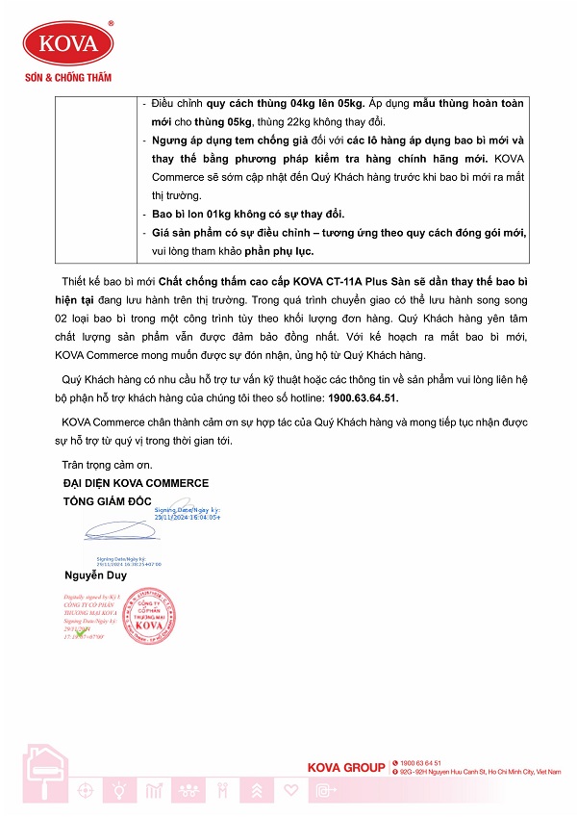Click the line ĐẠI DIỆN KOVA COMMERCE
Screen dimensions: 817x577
(x=135, y=483)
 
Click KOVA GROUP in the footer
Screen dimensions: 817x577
(x=346, y=767)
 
